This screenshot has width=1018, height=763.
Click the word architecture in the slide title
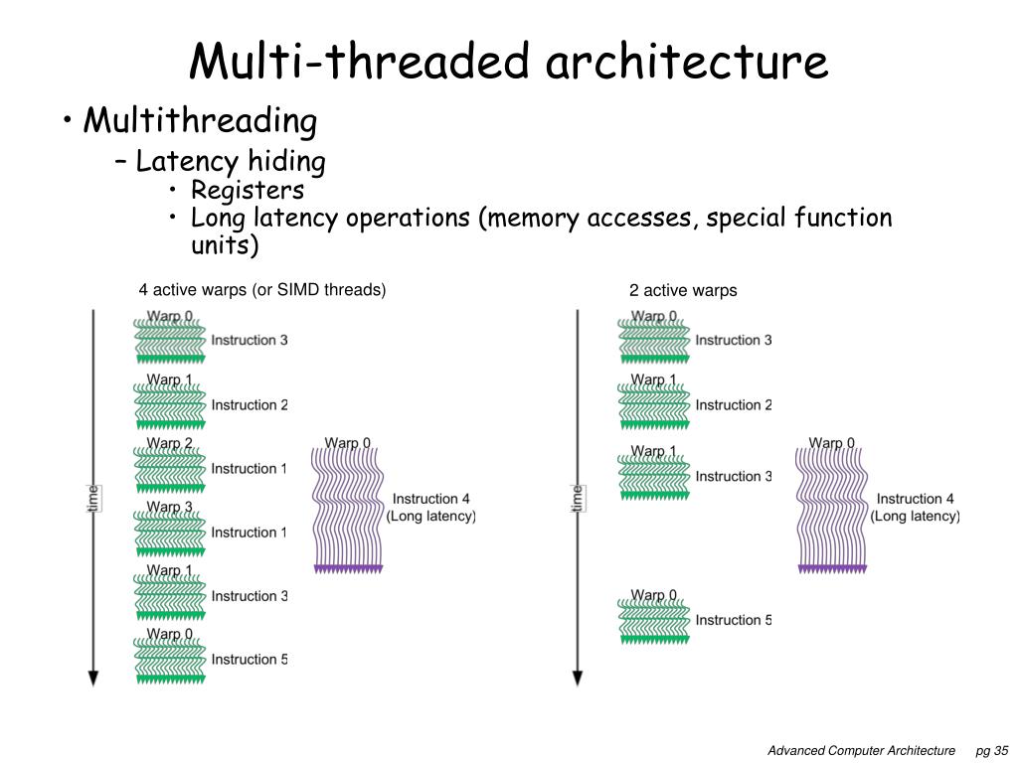[686, 62]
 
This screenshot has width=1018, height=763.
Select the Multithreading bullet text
[200, 122]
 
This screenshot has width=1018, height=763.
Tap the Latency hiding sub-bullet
[231, 161]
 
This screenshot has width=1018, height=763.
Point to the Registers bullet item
[248, 190]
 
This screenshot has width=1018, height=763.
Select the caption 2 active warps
[683, 291]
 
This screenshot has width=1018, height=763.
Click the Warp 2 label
[170, 443]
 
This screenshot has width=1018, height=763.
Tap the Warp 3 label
[170, 507]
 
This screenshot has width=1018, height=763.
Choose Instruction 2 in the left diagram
[250, 404]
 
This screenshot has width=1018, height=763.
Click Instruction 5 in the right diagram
[734, 620]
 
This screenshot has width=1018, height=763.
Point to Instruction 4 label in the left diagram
[431, 499]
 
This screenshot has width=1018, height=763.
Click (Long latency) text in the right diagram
[916, 516]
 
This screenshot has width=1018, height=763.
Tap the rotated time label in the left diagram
[93, 498]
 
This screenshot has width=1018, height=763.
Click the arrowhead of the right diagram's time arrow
[578, 679]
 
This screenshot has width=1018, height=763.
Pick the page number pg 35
[992, 750]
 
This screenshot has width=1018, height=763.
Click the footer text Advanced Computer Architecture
[861, 750]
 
